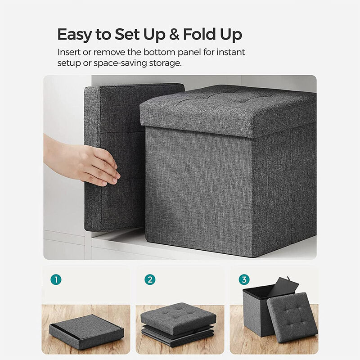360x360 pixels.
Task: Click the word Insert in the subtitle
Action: pyautogui.click(x=68, y=52)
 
